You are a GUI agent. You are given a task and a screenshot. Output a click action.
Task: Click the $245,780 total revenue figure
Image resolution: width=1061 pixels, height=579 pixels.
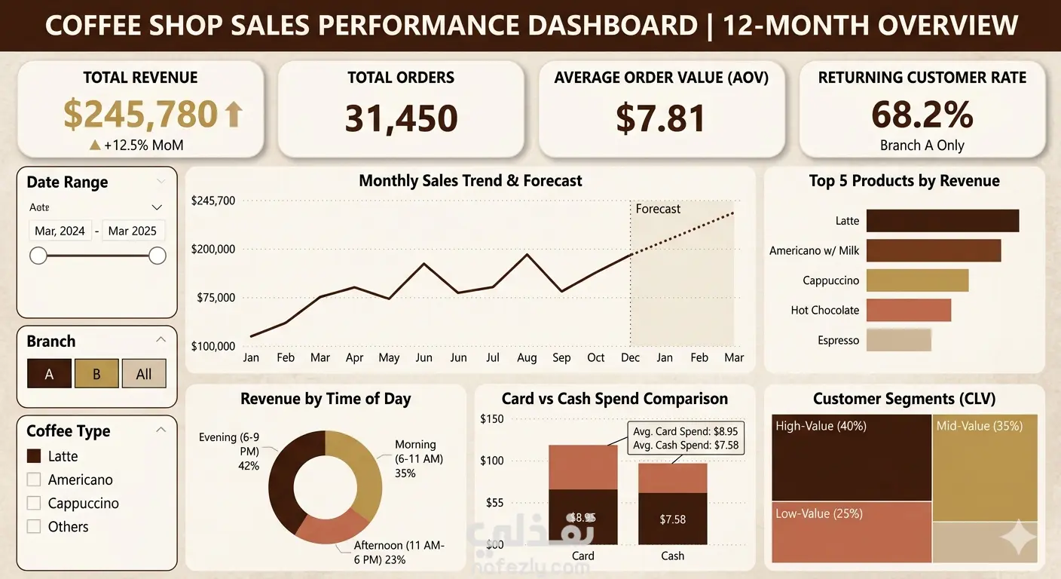pos(141,114)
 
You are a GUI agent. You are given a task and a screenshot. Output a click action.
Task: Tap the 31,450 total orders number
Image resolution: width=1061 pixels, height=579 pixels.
pos(401,118)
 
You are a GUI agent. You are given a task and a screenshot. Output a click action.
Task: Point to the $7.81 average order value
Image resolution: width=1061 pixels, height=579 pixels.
pos(661,118)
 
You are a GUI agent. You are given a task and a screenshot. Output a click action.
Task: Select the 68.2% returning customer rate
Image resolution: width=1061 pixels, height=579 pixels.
pos(922,114)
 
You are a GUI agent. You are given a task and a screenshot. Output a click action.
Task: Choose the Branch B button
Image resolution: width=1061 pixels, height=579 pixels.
pos(96,374)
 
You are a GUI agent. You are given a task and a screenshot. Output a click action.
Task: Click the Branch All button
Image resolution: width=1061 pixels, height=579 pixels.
pos(144,374)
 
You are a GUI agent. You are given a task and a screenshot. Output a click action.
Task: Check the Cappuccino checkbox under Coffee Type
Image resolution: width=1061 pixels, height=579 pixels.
pos(33,503)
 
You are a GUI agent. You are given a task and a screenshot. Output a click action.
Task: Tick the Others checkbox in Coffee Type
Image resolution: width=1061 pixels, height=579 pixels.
pos(33,526)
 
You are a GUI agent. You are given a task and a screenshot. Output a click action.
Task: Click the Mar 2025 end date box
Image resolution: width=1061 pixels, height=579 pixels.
pos(133,231)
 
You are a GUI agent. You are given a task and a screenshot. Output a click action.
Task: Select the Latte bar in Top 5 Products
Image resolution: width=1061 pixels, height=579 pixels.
pos(942,221)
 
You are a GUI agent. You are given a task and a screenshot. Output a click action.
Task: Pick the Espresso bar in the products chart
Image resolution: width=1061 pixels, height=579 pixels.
pos(898,340)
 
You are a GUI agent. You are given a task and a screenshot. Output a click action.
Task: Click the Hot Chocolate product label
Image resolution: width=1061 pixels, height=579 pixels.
pos(824,310)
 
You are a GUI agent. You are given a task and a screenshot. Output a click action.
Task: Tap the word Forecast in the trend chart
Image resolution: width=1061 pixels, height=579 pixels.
pos(658,209)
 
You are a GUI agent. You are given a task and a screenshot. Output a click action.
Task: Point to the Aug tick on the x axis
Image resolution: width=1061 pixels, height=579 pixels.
pos(527,357)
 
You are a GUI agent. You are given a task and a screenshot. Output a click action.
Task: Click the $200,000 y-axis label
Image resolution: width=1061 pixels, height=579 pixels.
pos(213,249)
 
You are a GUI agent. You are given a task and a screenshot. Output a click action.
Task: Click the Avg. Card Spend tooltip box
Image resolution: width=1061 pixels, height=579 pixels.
pos(685,438)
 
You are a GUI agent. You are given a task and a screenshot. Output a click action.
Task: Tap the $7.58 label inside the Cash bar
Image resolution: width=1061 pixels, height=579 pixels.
pos(673,519)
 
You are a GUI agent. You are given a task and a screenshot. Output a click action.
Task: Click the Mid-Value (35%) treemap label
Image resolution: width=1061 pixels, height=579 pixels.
pos(979,426)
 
